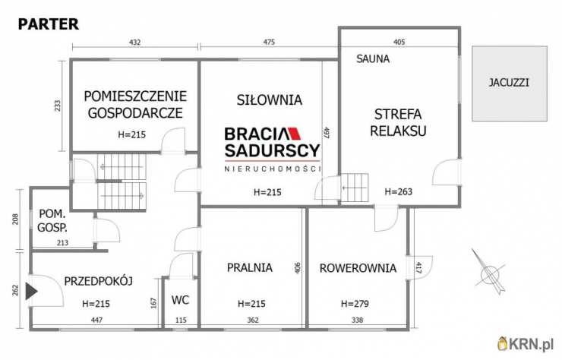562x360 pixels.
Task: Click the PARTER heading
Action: [x=47, y=24]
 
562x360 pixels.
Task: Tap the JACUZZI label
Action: [x=509, y=82]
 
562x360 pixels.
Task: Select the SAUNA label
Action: [x=374, y=58]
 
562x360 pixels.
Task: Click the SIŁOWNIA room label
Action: [x=258, y=99]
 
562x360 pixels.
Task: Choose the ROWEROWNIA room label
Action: [x=357, y=267]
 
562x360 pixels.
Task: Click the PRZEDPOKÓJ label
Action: [x=99, y=280]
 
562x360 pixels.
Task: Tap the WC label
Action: [x=179, y=299]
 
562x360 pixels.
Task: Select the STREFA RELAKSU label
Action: [x=398, y=122]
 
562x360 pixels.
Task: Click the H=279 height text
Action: [x=355, y=304]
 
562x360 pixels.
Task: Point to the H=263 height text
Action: [x=398, y=191]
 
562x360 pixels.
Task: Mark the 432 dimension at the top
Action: [x=134, y=43]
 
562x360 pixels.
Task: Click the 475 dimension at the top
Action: [x=269, y=43]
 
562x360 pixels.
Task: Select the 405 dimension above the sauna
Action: [x=399, y=43]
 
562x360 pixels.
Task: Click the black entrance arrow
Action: [x=30, y=291]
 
